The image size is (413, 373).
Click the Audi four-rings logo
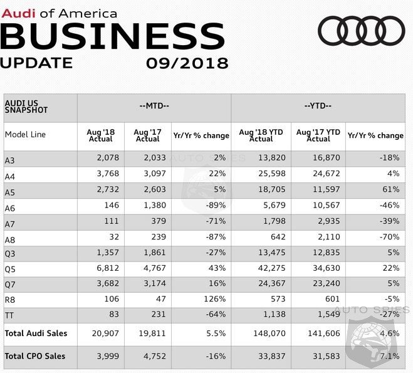point(361,31)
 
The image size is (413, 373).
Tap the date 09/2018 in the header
point(187,63)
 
